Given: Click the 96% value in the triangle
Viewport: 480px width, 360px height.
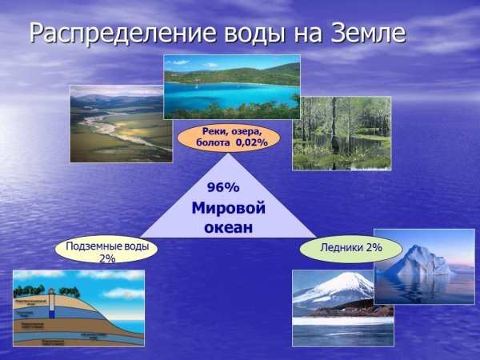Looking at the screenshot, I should click(x=223, y=188).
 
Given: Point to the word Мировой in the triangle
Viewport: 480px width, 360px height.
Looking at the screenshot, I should click(x=228, y=209).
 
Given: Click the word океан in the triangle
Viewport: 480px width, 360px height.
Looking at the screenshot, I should click(x=228, y=227).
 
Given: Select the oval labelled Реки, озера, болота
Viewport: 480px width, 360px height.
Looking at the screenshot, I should click(x=227, y=137).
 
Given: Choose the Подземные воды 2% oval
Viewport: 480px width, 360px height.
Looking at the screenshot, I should click(x=106, y=250).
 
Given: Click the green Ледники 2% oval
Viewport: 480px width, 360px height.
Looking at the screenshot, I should click(x=350, y=249).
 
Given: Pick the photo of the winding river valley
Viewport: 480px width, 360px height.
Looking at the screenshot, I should click(x=121, y=124).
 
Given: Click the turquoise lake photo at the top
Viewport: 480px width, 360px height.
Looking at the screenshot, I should click(x=231, y=86).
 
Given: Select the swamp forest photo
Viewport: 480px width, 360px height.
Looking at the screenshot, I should click(x=342, y=134).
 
